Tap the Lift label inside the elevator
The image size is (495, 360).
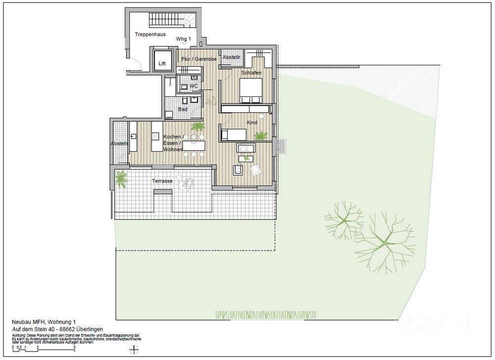coord(162,64)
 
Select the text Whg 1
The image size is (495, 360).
coord(184,40)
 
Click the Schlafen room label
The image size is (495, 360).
coord(251,73)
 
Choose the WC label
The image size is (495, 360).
coord(194,86)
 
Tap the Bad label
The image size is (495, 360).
coord(183,109)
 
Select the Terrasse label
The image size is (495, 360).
coord(162,181)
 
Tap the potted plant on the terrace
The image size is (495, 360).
coord(120,178)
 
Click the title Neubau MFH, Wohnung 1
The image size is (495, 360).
coord(44,321)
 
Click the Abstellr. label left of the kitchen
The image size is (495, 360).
coord(120,144)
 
